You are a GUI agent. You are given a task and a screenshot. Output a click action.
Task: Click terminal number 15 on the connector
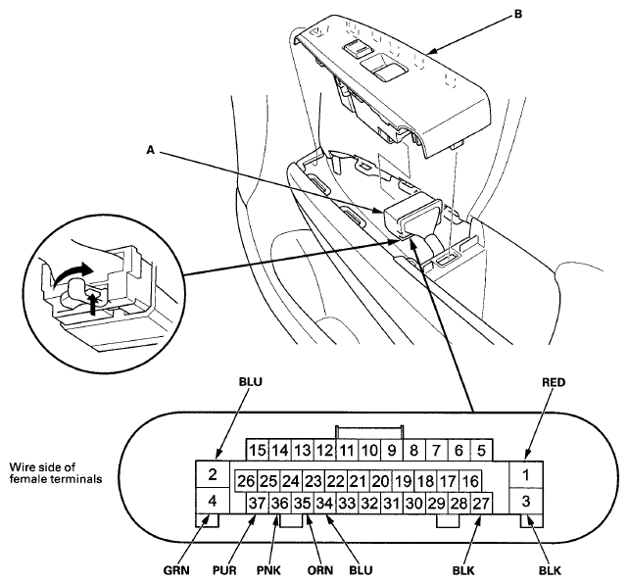pos(257,450)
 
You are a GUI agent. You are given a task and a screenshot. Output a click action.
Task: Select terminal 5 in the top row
pos(481,450)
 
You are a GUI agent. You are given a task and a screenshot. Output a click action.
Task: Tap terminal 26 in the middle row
pos(246,481)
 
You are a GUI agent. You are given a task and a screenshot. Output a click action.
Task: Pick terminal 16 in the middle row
pos(470,481)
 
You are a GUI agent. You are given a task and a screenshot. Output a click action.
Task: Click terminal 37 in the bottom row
pos(257,503)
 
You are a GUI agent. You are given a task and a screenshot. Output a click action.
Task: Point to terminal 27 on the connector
pos(481,503)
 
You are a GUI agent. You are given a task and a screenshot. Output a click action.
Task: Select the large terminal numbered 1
pos(526,475)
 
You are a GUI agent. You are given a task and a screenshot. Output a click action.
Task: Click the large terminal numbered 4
pos(213,501)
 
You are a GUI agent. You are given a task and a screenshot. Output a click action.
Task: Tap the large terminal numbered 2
pos(213,474)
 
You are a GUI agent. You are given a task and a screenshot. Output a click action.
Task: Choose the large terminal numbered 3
pos(526,501)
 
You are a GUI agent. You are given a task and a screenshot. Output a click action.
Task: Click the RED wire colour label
pos(554,382)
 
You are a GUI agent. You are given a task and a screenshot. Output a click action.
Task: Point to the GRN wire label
pos(176,570)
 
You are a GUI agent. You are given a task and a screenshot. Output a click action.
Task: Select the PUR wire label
pos(224,570)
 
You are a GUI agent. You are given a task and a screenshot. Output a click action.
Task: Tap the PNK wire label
pos(268,570)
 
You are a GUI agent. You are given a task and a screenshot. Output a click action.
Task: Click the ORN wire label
pos(320,570)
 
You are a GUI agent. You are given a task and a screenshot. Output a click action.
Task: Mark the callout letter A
pos(150,150)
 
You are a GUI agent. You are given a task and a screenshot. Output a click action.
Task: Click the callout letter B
pos(518,14)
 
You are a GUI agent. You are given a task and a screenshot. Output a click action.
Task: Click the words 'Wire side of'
pos(42,467)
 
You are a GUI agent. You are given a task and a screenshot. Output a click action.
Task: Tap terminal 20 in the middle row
pos(380,481)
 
